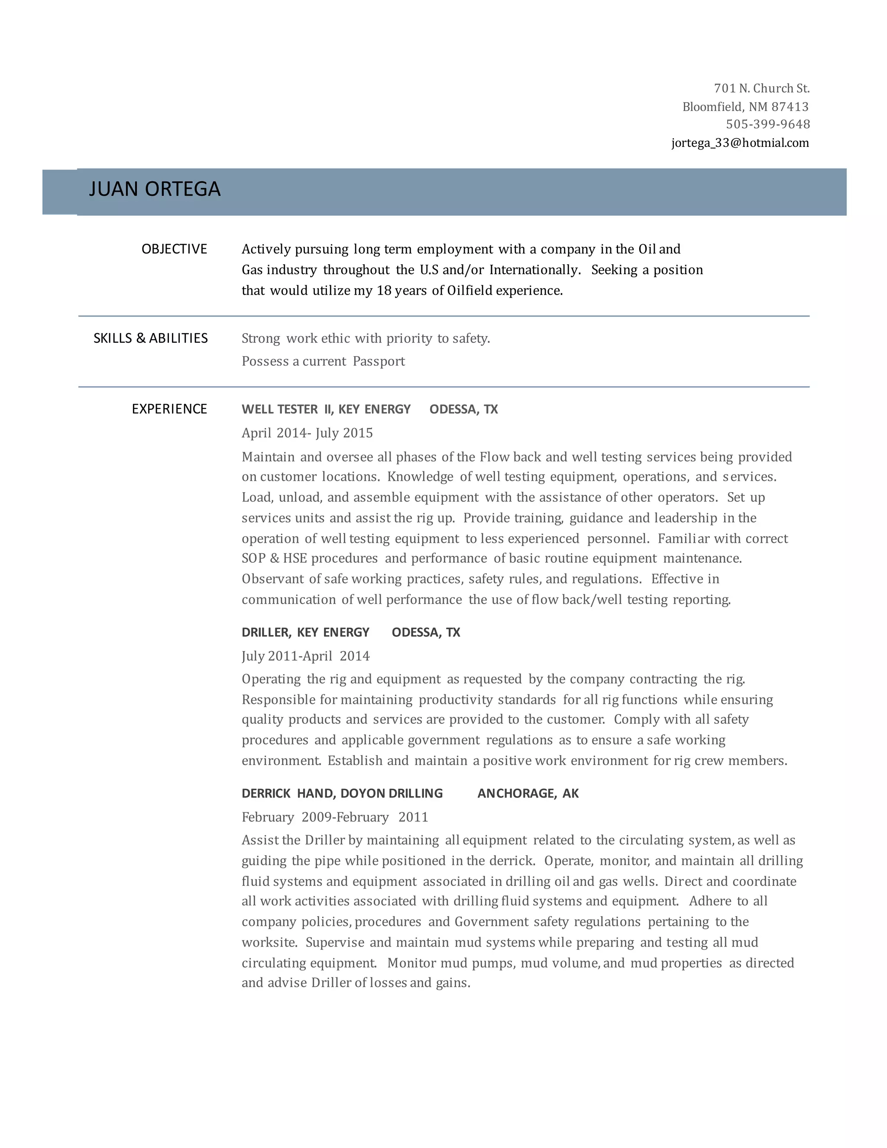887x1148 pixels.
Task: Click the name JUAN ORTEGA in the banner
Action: [x=155, y=189]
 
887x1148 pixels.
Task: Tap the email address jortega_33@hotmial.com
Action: [x=740, y=143]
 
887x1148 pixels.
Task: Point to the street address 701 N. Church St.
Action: [x=761, y=88]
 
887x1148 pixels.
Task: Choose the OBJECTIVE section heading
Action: [x=175, y=249]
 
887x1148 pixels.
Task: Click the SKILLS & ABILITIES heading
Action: [x=151, y=338]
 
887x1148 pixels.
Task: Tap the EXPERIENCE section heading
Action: [x=169, y=409]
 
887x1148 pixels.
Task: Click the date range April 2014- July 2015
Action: [x=307, y=433]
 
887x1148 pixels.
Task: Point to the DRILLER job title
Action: [x=265, y=632]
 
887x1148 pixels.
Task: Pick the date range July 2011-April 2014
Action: [x=305, y=656]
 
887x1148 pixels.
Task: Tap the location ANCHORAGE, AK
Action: [x=528, y=794]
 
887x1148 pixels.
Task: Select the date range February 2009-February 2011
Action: [x=335, y=817]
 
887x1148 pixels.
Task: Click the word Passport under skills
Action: [x=379, y=362]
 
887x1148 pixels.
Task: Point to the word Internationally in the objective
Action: [x=534, y=270]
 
